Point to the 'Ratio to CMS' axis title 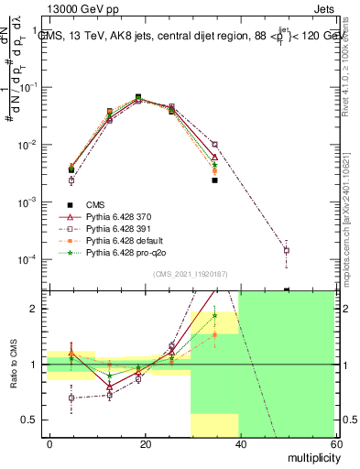point(13,365)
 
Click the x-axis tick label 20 point(145,443)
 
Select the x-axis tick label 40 point(239,443)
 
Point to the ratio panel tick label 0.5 point(29,420)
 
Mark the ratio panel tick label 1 point(34,365)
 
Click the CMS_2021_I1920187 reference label point(190,274)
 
